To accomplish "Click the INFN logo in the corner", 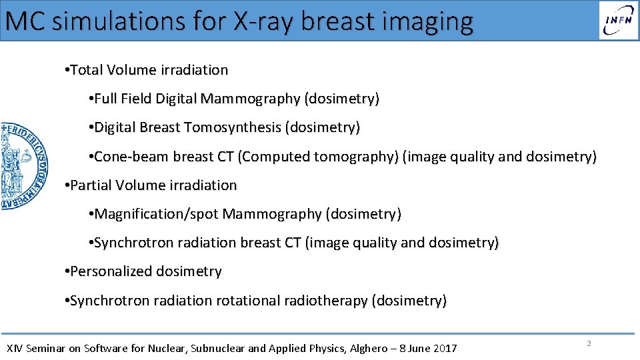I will pos(618,20).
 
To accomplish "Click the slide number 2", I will pos(589,343).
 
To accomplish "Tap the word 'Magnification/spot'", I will pos(157,214).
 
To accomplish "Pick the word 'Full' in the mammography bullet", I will pos(106,99).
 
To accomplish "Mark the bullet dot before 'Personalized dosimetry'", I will pos(67,272).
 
